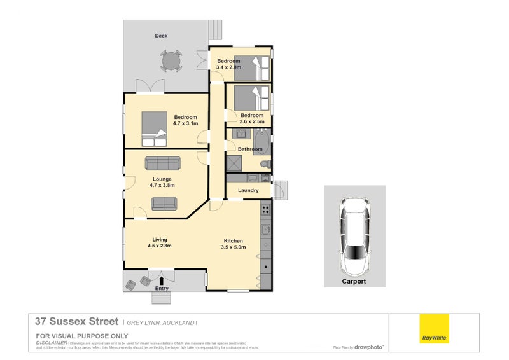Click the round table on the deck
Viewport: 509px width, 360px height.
coord(170,60)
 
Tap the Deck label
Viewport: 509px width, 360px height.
coord(162,36)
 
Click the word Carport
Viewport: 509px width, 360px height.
coord(354,280)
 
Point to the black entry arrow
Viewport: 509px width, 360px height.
coord(161,279)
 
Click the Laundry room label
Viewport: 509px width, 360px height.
coord(248,190)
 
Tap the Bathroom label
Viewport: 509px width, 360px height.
coord(250,149)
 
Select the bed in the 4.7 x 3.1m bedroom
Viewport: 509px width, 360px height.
coord(152,125)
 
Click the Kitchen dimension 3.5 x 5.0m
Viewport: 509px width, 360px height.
coord(234,247)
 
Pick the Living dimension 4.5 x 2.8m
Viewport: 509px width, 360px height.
coord(160,246)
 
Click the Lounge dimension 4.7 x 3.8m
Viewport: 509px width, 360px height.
coord(162,186)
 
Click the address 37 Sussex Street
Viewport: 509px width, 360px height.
coord(76,322)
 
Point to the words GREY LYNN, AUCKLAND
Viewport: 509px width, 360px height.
coord(160,323)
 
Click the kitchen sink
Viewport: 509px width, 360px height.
coord(265,230)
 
